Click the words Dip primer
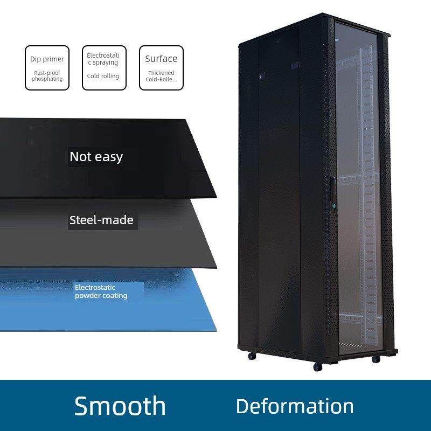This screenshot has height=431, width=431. pyautogui.click(x=47, y=59)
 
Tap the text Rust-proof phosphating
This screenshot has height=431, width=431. pyautogui.click(x=47, y=75)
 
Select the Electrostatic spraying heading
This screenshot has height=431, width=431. pyautogui.click(x=104, y=59)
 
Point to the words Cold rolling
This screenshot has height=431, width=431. pyautogui.click(x=103, y=76)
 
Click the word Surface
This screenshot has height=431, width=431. pyautogui.click(x=161, y=59)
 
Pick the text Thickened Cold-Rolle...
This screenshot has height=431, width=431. pyautogui.click(x=161, y=76)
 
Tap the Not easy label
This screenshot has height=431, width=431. pyautogui.click(x=96, y=157)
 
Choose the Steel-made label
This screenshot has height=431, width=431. pyautogui.click(x=101, y=220)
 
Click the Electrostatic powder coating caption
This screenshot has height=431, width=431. pyautogui.click(x=101, y=291)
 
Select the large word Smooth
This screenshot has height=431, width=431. pyautogui.click(x=120, y=405)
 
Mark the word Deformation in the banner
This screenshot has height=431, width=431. pyautogui.click(x=295, y=406)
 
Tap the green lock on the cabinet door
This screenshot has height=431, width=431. pyautogui.click(x=333, y=205)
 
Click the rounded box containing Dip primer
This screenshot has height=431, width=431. pyautogui.click(x=47, y=67)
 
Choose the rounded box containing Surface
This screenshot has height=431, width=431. pyautogui.click(x=161, y=67)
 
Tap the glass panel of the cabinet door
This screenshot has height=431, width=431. pyautogui.click(x=358, y=162)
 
